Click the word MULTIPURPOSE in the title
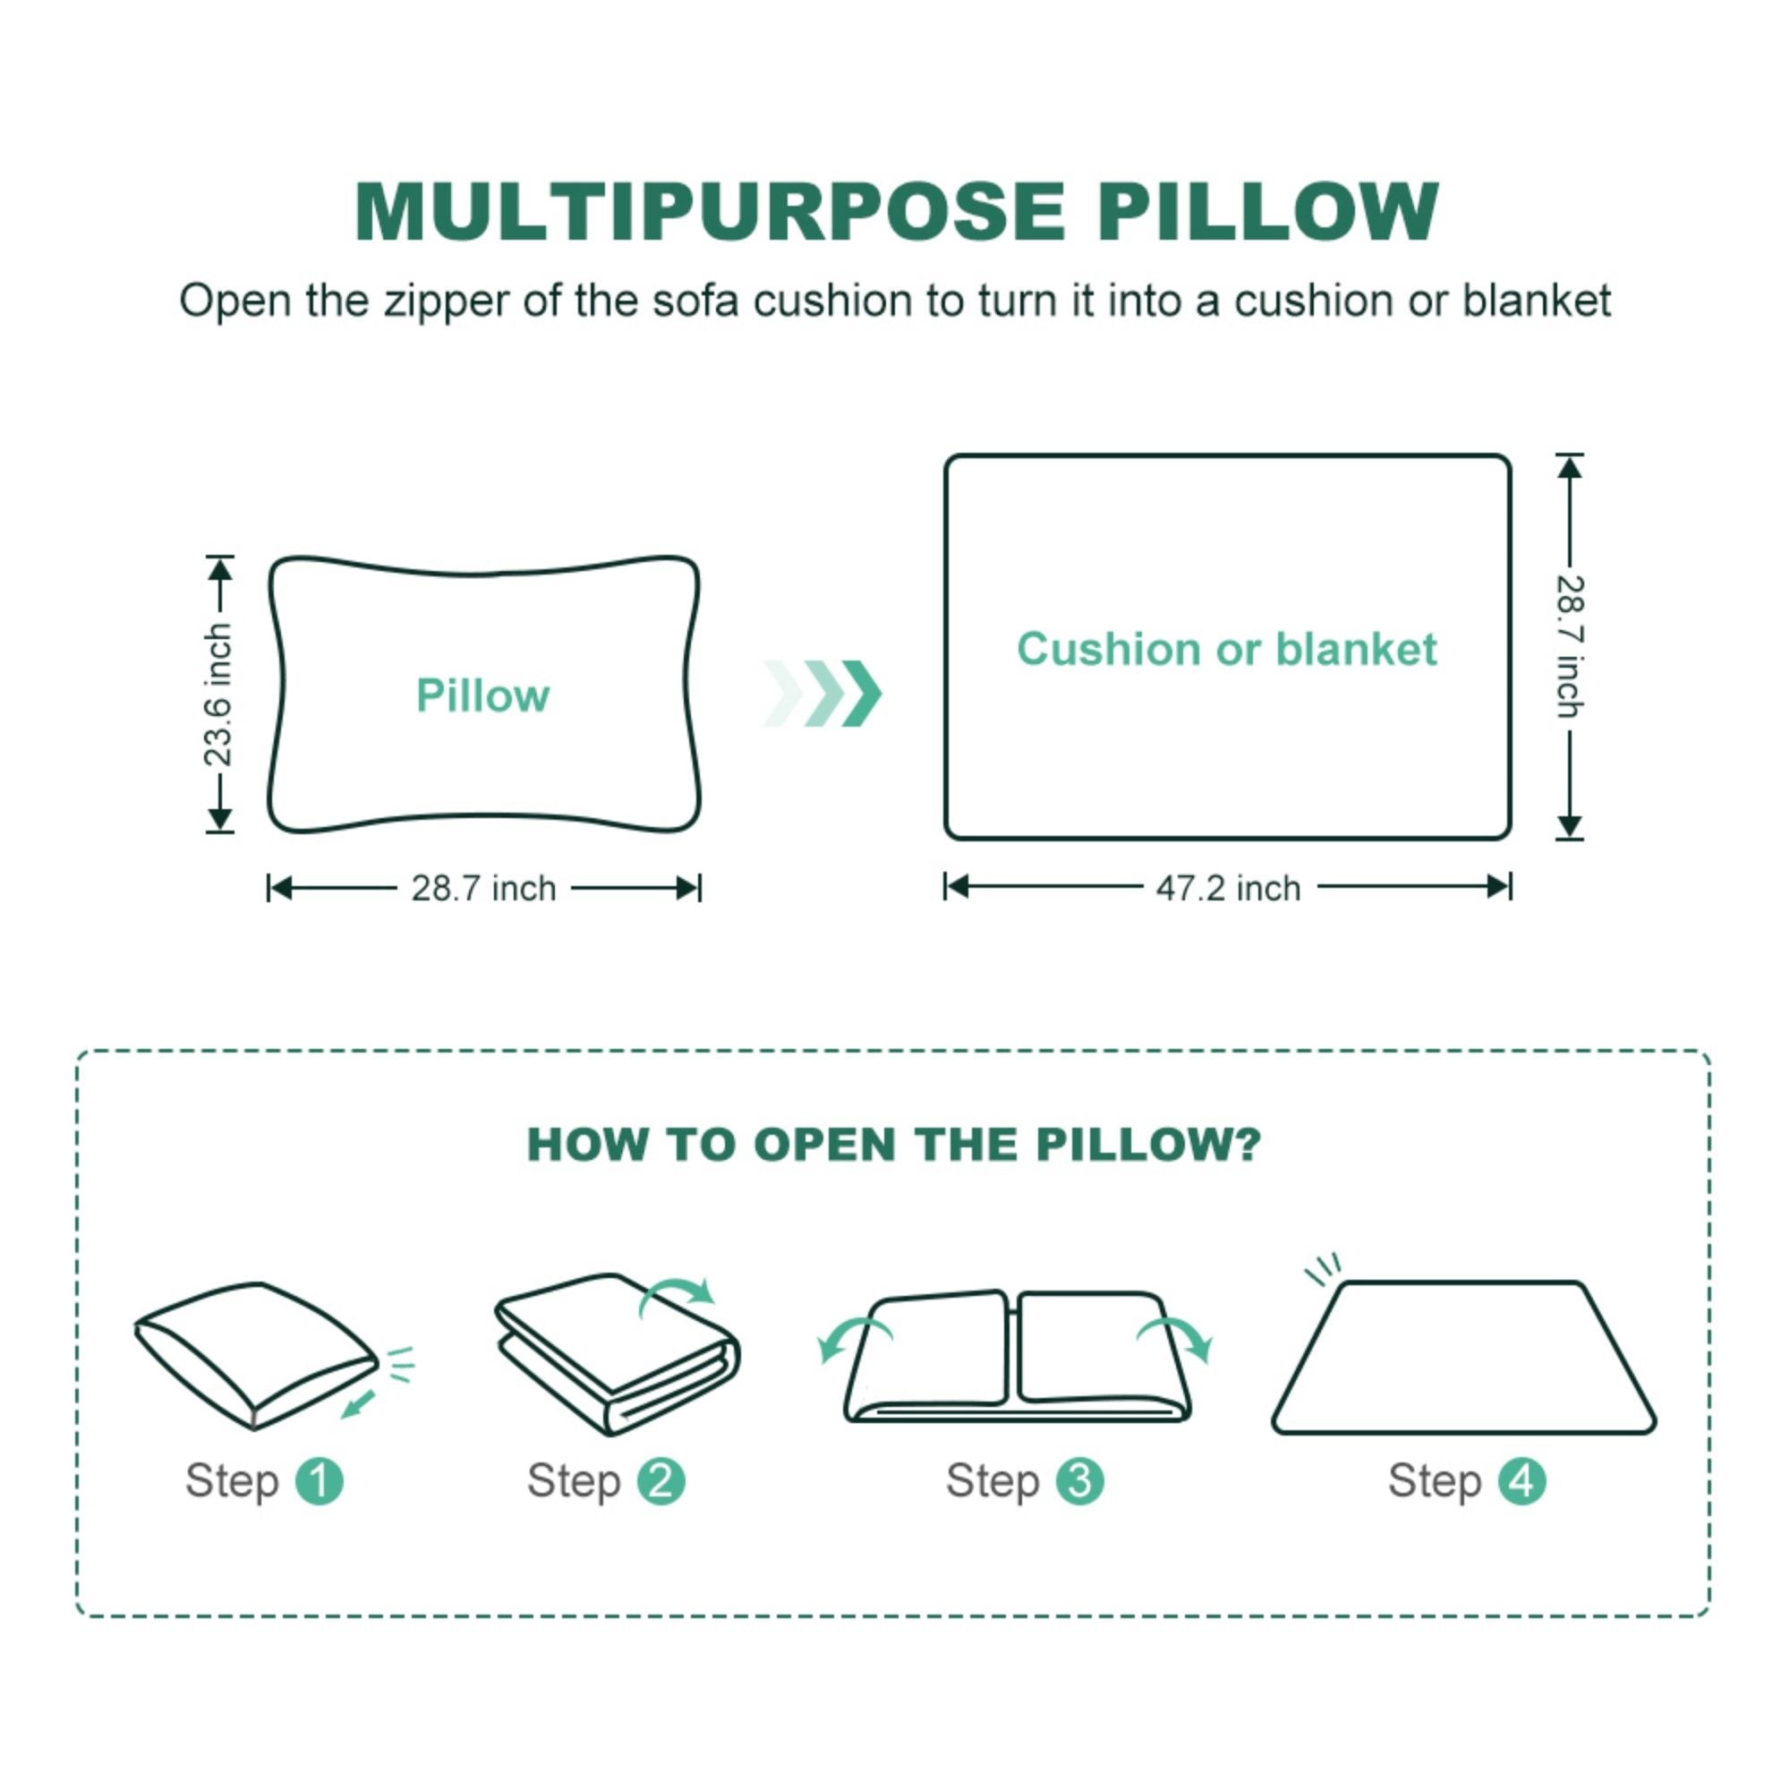(710, 212)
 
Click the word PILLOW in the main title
(1266, 212)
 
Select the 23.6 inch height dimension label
(218, 695)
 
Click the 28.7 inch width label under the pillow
(483, 889)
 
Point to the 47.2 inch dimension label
(1228, 889)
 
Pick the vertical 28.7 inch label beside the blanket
(1569, 647)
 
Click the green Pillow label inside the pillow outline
(482, 695)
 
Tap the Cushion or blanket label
(1227, 649)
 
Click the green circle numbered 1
(319, 1480)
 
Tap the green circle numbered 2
(661, 1480)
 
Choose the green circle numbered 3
(1079, 1480)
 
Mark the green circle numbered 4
(1522, 1480)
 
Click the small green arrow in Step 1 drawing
(359, 1403)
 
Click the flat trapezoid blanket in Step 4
(1464, 1358)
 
